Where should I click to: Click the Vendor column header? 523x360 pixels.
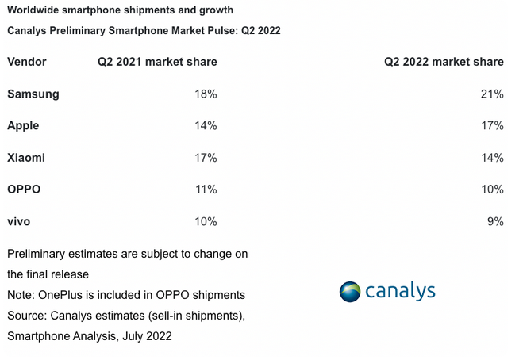[x=27, y=62]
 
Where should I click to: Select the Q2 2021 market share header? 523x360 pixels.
[x=157, y=62]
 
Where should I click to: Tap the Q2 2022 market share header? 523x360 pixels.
[x=444, y=62]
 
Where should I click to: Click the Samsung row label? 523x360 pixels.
[x=33, y=94]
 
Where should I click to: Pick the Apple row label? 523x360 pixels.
[x=23, y=126]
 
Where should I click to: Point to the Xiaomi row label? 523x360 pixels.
[x=26, y=158]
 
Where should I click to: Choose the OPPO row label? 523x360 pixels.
[x=24, y=190]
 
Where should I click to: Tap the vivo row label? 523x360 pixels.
[x=19, y=221]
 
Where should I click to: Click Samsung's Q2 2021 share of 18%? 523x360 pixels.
[x=206, y=94]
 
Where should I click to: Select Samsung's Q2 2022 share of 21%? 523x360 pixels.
[x=492, y=94]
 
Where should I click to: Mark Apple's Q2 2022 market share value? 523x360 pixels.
[x=492, y=125]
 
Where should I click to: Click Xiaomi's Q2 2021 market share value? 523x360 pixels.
[x=206, y=158]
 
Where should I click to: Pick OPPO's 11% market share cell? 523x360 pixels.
[x=206, y=190]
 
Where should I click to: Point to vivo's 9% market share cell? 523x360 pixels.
[x=495, y=221]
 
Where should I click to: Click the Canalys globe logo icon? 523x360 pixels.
[x=350, y=292]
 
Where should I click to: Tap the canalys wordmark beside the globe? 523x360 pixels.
[x=400, y=291]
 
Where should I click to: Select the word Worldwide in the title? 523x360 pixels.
[x=33, y=10]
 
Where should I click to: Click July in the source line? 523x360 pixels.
[x=133, y=336]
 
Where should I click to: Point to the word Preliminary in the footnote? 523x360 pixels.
[x=37, y=254]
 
